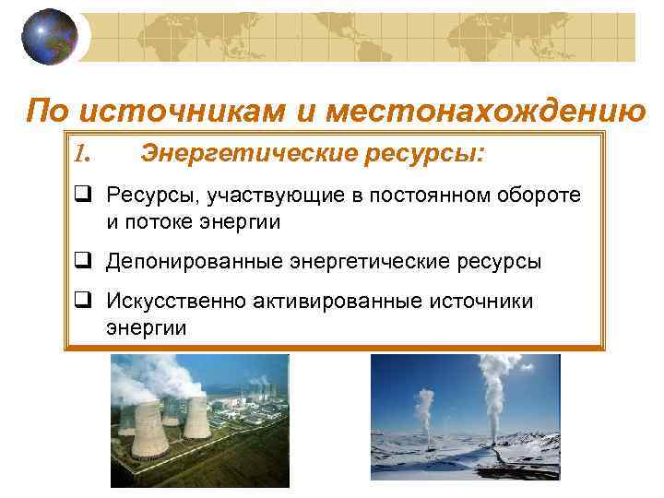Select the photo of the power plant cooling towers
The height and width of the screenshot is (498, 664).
point(199,421)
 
